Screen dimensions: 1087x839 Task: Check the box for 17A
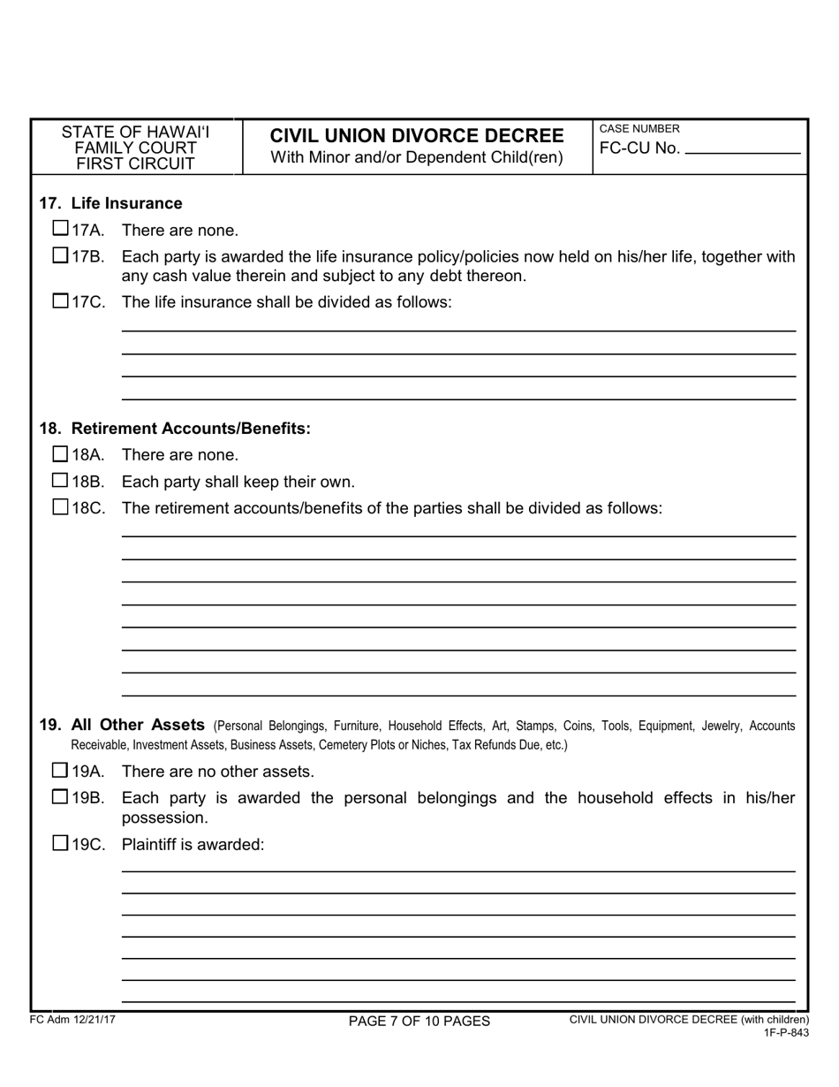[x=60, y=229]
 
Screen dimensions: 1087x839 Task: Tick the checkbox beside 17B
[x=60, y=256]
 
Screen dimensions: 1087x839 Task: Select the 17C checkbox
[x=60, y=300]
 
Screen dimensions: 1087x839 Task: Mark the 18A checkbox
[x=60, y=454]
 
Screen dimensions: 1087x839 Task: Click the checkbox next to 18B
[x=60, y=481]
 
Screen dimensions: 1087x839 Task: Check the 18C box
[x=60, y=507]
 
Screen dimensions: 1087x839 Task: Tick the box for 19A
[x=60, y=770]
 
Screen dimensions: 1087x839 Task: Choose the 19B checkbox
[x=60, y=797]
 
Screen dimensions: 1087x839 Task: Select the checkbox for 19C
[x=60, y=843]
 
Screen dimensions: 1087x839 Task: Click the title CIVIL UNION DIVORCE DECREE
[x=416, y=135]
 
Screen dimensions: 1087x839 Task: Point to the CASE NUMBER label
[x=639, y=129]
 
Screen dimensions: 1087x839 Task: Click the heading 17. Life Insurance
[x=110, y=203]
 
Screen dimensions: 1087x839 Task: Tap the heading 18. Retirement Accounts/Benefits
[x=175, y=429]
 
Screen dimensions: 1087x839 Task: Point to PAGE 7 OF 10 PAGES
[x=419, y=1022]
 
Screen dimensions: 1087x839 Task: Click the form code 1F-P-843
[x=786, y=1032]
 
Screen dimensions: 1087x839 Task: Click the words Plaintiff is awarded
[x=193, y=844]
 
